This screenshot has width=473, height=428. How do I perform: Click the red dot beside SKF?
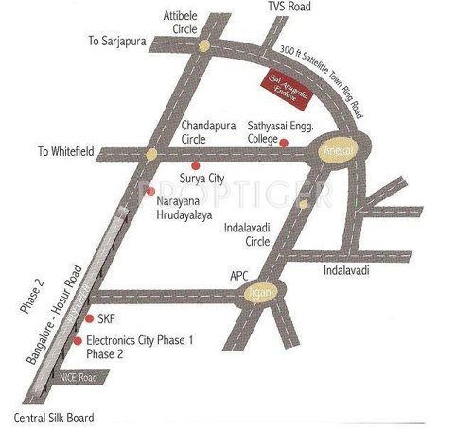click(x=89, y=319)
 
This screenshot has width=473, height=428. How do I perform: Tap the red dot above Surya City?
click(x=197, y=164)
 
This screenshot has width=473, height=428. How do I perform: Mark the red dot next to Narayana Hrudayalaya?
click(x=149, y=192)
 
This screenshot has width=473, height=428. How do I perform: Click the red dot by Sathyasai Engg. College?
click(x=284, y=142)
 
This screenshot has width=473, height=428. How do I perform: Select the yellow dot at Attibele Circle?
click(x=205, y=45)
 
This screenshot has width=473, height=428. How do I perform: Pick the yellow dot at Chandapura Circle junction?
click(x=151, y=152)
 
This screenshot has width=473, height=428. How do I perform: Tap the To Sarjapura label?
click(x=119, y=42)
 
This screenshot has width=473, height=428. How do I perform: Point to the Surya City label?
click(x=200, y=178)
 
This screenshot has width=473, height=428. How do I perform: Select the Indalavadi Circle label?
click(x=253, y=233)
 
